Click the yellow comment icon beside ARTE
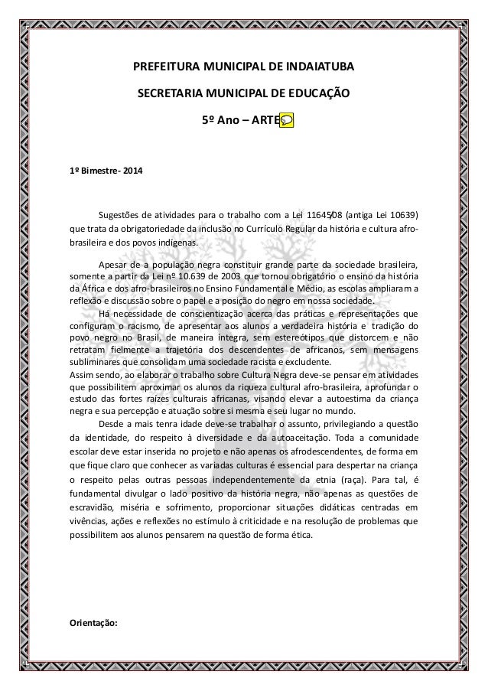coord(287,121)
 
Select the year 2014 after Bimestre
coord(130,168)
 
